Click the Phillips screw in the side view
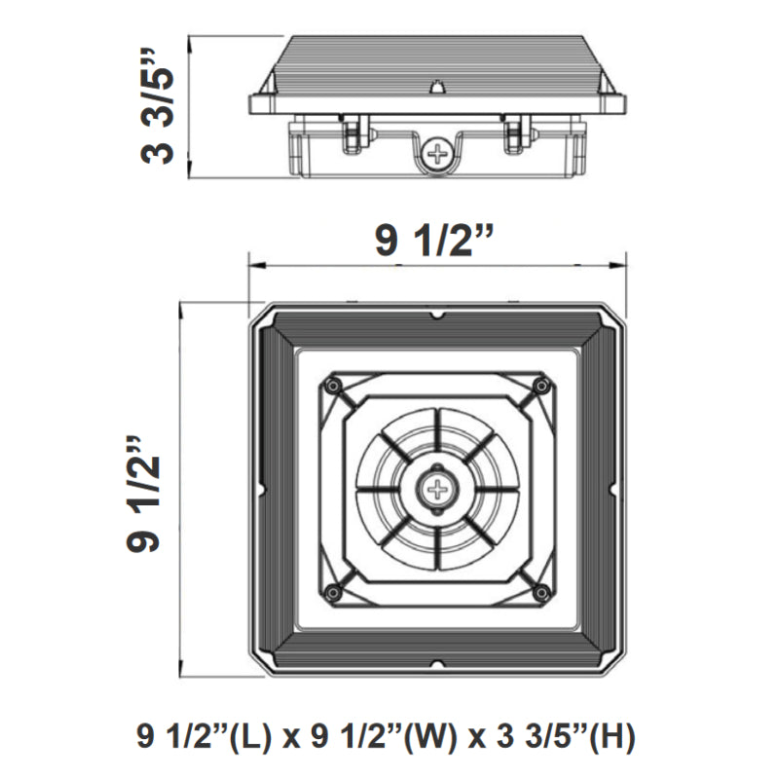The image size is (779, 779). [x=439, y=153]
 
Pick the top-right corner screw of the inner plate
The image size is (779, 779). [x=539, y=387]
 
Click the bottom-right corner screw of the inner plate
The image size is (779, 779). [x=539, y=591]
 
